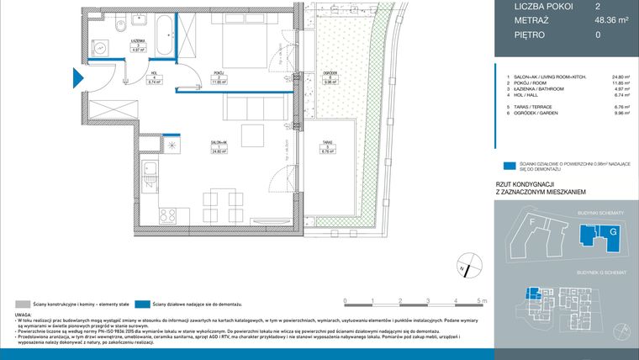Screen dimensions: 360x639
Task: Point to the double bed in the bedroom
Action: click(241, 45)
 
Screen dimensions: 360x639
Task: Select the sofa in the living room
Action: click(251, 109)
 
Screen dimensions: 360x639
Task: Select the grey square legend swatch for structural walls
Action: click(21, 303)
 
